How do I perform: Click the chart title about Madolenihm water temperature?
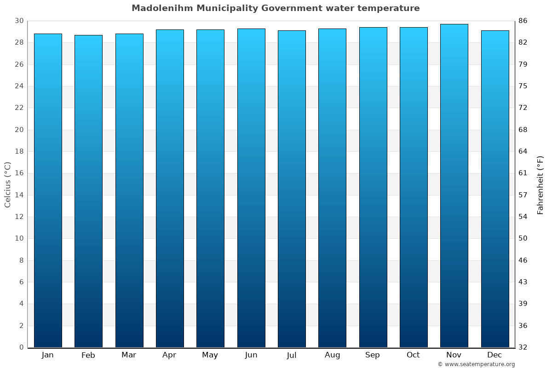coord(276,8)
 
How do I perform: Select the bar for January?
coord(48,190)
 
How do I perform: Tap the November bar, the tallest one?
coord(454,186)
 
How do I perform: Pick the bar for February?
coord(88,191)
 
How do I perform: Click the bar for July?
coord(292,189)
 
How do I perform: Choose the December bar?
coord(495,189)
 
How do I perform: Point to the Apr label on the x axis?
coord(169,355)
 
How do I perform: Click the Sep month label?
coord(373,355)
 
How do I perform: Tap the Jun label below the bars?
coord(251,355)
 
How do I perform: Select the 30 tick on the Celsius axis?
coord(19,21)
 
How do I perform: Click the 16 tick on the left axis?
coord(19,173)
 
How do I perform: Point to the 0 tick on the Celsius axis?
coord(21,347)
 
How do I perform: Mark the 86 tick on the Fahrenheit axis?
coord(523,21)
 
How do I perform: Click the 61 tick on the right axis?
coord(523,173)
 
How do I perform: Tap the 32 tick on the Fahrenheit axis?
coord(523,347)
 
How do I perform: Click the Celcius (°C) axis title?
coord(8,184)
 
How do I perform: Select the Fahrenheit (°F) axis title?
coord(540,184)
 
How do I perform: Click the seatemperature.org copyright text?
coord(476,364)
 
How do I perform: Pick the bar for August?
coord(332,188)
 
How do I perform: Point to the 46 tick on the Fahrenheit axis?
coord(523,260)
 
